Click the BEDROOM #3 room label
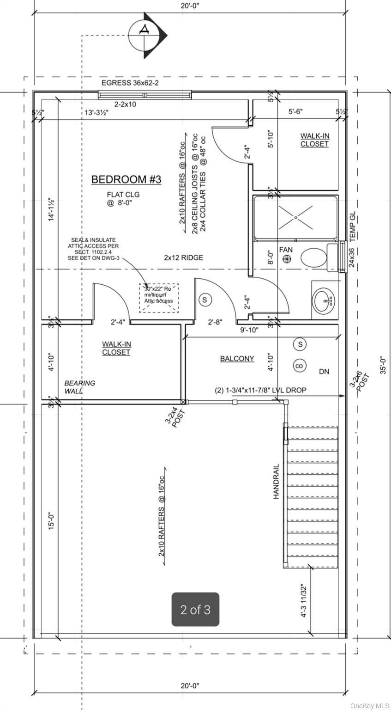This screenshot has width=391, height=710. click(126, 179)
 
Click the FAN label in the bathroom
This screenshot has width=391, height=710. click(286, 250)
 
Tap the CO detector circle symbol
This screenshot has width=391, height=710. click(300, 366)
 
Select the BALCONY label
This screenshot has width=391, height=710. click(237, 358)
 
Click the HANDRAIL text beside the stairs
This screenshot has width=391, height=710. click(277, 481)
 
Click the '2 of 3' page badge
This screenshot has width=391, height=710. click(195, 610)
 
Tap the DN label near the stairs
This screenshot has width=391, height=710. click(325, 372)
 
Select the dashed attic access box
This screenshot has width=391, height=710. click(159, 298)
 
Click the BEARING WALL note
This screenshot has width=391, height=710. click(79, 387)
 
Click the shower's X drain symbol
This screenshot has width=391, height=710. click(296, 215)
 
